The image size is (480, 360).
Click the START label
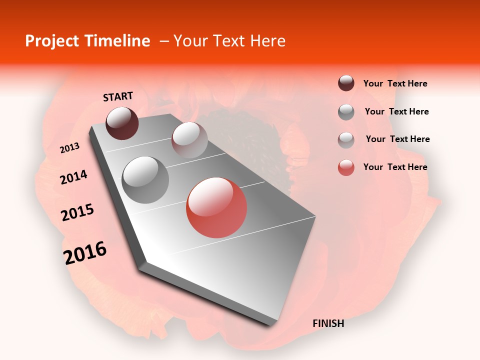click(x=118, y=96)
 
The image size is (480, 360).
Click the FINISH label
click(x=328, y=323)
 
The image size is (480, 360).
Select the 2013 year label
click(x=69, y=148)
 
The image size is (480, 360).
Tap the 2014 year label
click(x=73, y=177)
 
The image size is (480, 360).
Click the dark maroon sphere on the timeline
click(x=122, y=123)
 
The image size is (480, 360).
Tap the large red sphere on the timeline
click(x=216, y=207)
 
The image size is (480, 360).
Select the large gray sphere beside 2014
click(x=145, y=180)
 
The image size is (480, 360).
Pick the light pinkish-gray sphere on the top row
click(x=189, y=140)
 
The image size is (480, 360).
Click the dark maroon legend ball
click(x=346, y=83)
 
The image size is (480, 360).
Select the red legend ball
click(x=346, y=167)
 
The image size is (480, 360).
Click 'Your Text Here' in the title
click(x=229, y=41)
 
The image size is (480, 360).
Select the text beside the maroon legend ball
click(x=395, y=83)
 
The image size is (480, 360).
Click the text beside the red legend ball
click(x=395, y=167)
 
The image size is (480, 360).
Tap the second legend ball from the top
click(x=346, y=112)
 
